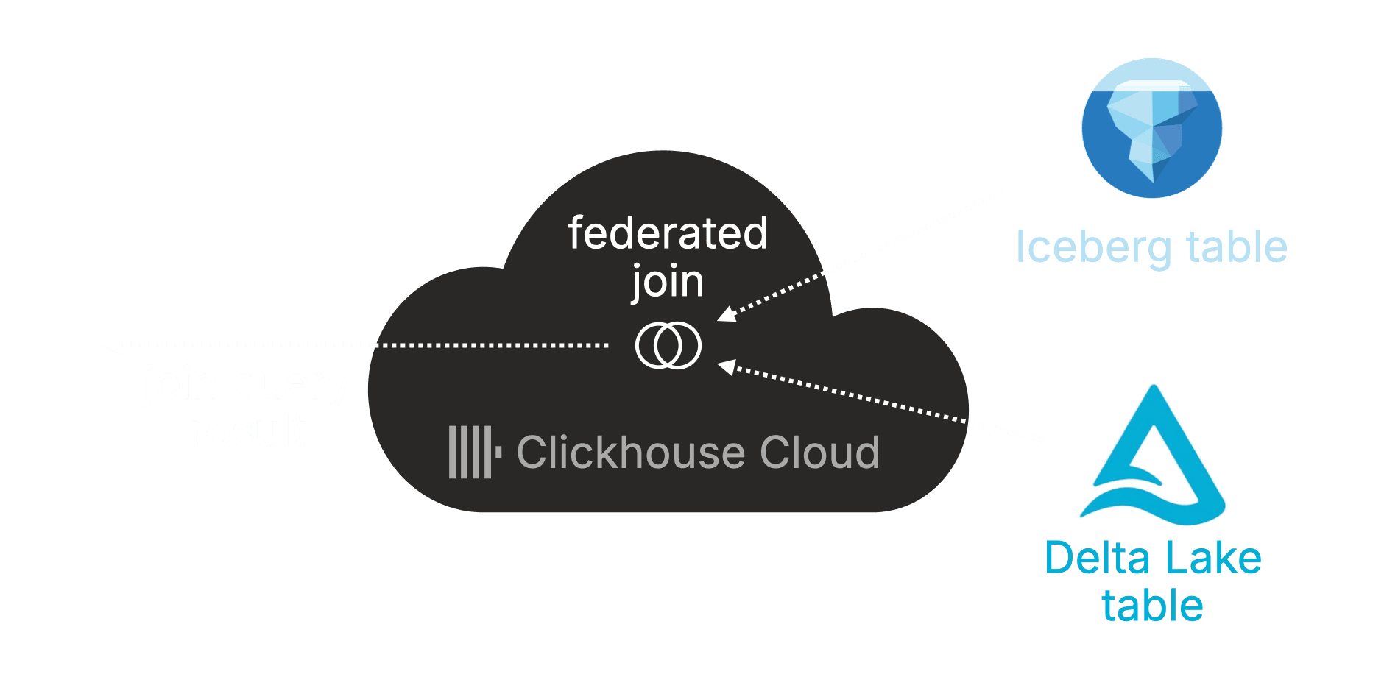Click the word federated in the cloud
pos(667,233)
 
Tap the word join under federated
pos(667,283)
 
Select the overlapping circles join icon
pos(668,345)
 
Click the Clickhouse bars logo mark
pos(474,452)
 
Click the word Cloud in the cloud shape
pos(819,452)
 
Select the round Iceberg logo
pos(1151,128)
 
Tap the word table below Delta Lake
pos(1152,606)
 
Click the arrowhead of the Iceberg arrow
pos(727,314)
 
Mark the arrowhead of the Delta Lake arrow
pos(727,366)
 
